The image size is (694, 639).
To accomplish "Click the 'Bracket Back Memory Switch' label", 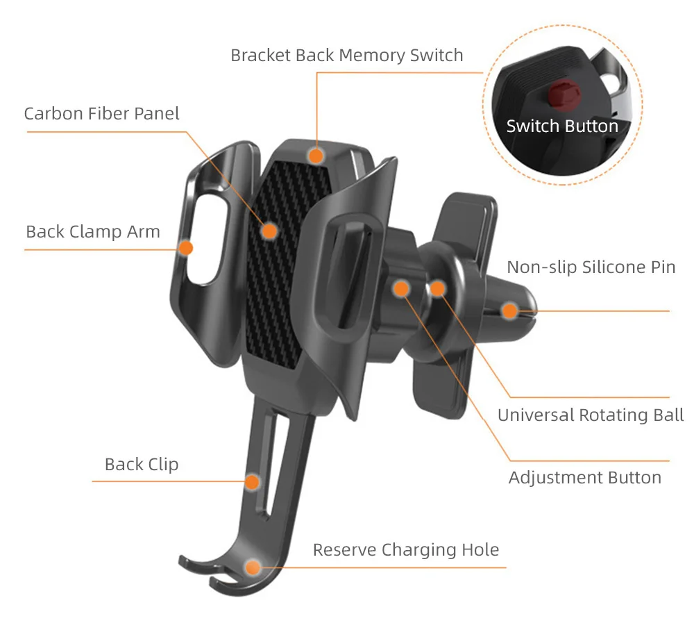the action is point(346,55).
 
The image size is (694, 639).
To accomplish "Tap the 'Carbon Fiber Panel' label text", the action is point(101,113).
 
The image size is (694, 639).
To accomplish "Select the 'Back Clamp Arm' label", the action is point(93,231).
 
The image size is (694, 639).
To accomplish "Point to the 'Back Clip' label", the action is point(142,464).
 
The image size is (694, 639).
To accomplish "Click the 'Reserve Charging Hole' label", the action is point(405,550).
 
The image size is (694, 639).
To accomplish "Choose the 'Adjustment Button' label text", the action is point(584,477).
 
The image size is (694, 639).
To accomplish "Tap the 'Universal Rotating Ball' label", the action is point(591,415).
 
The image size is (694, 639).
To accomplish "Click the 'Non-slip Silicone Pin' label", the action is point(591,267).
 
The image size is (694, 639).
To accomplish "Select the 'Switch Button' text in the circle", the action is point(561,126).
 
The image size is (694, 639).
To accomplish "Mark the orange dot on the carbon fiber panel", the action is point(269,231).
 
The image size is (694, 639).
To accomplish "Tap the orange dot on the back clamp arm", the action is point(186,247).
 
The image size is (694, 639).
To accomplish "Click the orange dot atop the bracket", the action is point(316,156).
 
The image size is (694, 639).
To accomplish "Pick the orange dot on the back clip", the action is point(253,481).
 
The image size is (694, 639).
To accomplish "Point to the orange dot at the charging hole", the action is point(253,567).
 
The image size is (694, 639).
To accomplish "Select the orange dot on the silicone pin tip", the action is point(510,310).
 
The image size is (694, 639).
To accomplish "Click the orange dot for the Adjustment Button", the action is point(402,288).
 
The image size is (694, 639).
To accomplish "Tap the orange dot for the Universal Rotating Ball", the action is point(437,288).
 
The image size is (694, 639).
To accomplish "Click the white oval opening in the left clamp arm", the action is point(205,239).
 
